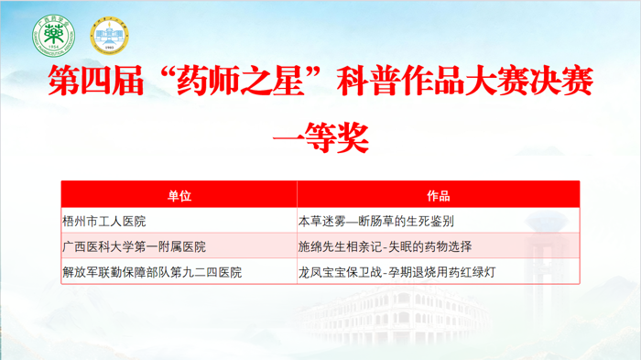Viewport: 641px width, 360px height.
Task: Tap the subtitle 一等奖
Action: click(320, 139)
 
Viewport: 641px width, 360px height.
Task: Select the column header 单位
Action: click(179, 195)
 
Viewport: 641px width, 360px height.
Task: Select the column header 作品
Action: click(438, 195)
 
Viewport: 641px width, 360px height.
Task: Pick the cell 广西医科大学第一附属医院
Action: click(134, 246)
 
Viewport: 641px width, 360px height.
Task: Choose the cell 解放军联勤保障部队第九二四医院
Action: click(152, 272)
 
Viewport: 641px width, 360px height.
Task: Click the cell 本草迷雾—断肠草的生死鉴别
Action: click(376, 221)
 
